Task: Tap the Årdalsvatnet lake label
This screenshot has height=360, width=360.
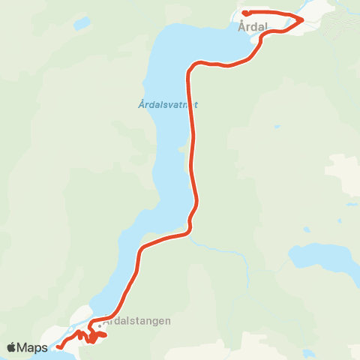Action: pos(168,105)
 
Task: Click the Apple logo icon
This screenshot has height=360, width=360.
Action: pos(13,347)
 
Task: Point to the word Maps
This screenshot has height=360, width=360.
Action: pos(34,347)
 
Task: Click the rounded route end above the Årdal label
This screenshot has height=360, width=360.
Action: pos(245,13)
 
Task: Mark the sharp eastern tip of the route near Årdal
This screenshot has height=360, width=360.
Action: pos(302,19)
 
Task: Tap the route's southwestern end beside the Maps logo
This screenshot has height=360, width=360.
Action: pos(58,346)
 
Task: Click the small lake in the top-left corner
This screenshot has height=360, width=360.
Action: pos(80,23)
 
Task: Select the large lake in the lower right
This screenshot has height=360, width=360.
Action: pos(322,259)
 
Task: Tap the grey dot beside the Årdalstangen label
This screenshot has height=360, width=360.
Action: pos(99,326)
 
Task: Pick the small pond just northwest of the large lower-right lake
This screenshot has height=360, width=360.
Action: pos(306,229)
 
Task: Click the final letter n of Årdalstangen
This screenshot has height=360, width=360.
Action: pos(168,320)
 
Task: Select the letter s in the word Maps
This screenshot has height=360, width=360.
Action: pos(45,347)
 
